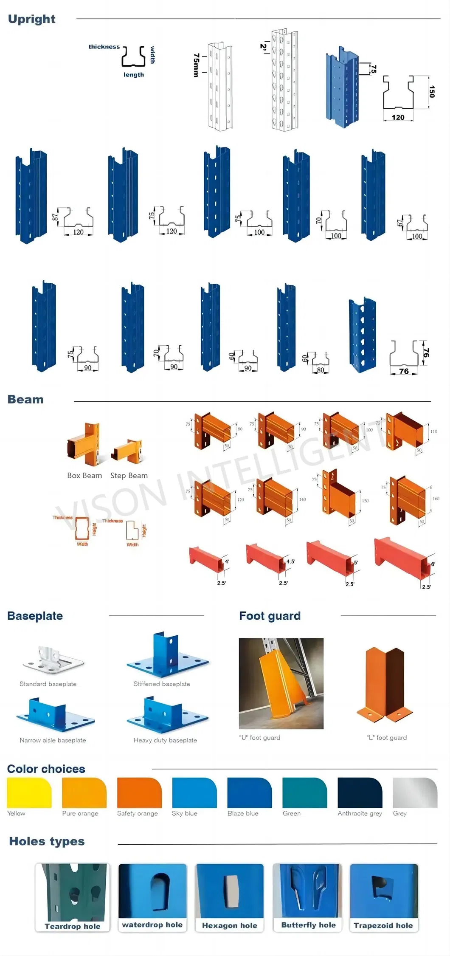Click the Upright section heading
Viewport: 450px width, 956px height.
(31, 19)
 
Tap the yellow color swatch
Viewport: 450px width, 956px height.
(29, 792)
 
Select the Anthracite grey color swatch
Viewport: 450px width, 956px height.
(360, 792)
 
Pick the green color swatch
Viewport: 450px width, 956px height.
(304, 792)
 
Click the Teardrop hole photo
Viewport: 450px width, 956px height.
(72, 892)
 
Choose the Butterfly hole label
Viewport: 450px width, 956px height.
(308, 925)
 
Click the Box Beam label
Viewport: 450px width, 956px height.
(84, 476)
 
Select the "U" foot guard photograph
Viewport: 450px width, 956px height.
(281, 683)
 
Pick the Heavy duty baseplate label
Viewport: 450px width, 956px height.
(165, 740)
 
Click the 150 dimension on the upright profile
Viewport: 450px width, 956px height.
(432, 91)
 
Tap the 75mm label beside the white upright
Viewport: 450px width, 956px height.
(196, 65)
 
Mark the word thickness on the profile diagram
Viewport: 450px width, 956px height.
(104, 47)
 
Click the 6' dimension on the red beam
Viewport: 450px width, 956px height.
(433, 564)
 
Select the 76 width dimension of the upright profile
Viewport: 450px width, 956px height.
(404, 371)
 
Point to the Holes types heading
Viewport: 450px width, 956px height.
(47, 841)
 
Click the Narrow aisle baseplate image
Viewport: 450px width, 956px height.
(55, 715)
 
